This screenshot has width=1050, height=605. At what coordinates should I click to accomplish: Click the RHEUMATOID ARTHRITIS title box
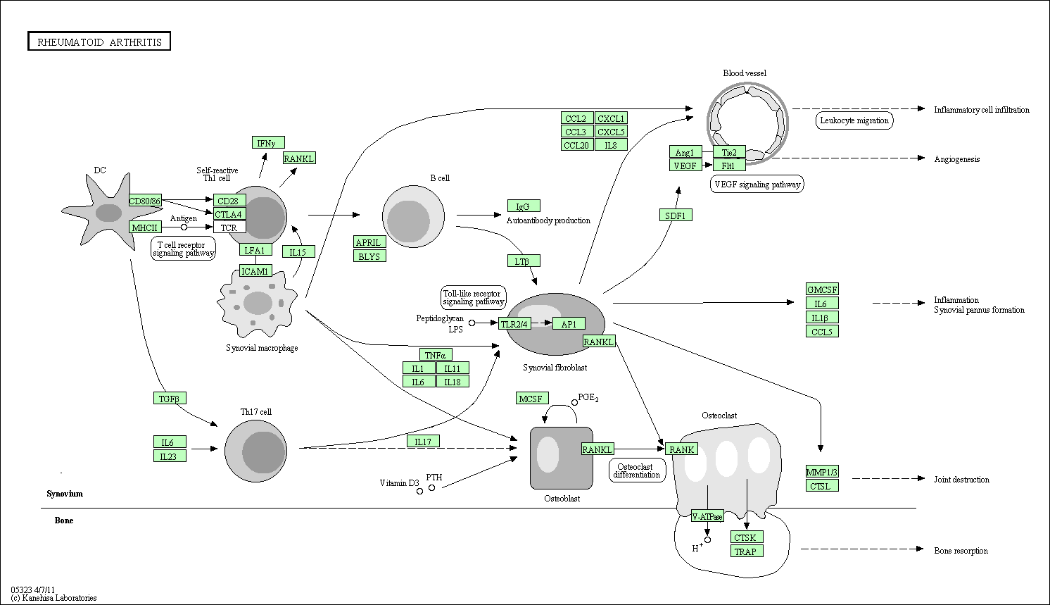pos(99,42)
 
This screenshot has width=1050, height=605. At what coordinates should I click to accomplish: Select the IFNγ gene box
pos(268,142)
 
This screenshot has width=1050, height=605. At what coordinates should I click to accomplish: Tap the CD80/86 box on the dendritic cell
pos(145,201)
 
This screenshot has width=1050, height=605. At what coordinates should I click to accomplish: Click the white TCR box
pos(229,227)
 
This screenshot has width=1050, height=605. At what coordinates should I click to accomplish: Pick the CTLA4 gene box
pos(229,214)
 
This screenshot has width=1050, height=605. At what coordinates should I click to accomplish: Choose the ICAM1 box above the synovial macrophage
pos(255,271)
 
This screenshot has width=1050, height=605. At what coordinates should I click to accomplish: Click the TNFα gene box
pos(436,355)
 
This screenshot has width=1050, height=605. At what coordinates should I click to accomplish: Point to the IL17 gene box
pos(423,442)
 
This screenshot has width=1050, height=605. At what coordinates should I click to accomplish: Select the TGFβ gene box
pos(170,399)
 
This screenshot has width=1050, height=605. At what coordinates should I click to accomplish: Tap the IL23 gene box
pos(170,456)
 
